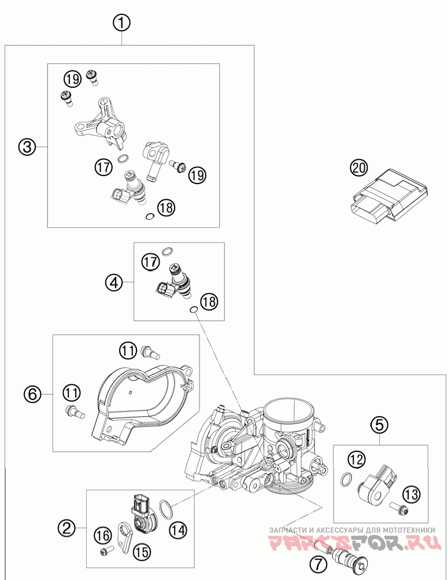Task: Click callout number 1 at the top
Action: [121, 23]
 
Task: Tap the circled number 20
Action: [358, 168]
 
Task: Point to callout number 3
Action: [26, 147]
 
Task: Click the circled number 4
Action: [114, 282]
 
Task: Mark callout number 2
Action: [66, 527]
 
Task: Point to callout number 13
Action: [411, 493]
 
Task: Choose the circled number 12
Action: [357, 459]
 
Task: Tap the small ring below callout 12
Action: [346, 478]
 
